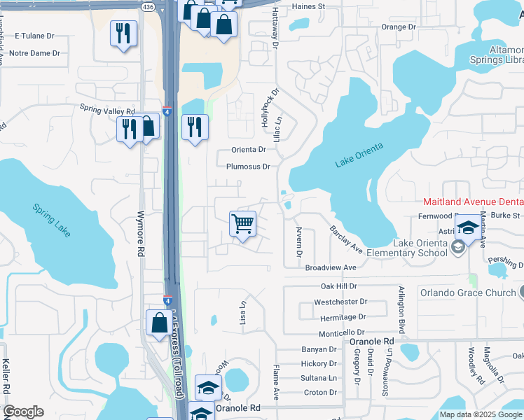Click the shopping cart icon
pyautogui.click(x=242, y=225)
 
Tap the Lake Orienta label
pyautogui.click(x=359, y=158)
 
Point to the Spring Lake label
pyautogui.click(x=52, y=220)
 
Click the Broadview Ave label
pyautogui.click(x=331, y=267)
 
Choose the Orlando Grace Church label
pyautogui.click(x=467, y=292)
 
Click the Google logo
pyautogui.click(x=23, y=412)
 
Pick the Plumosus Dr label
pyautogui.click(x=248, y=167)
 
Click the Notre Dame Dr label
pyautogui.click(x=35, y=53)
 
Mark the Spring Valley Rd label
pyautogui.click(x=106, y=110)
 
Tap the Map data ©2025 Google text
pyautogui.click(x=481, y=414)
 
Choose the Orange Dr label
pyautogui.click(x=399, y=27)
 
